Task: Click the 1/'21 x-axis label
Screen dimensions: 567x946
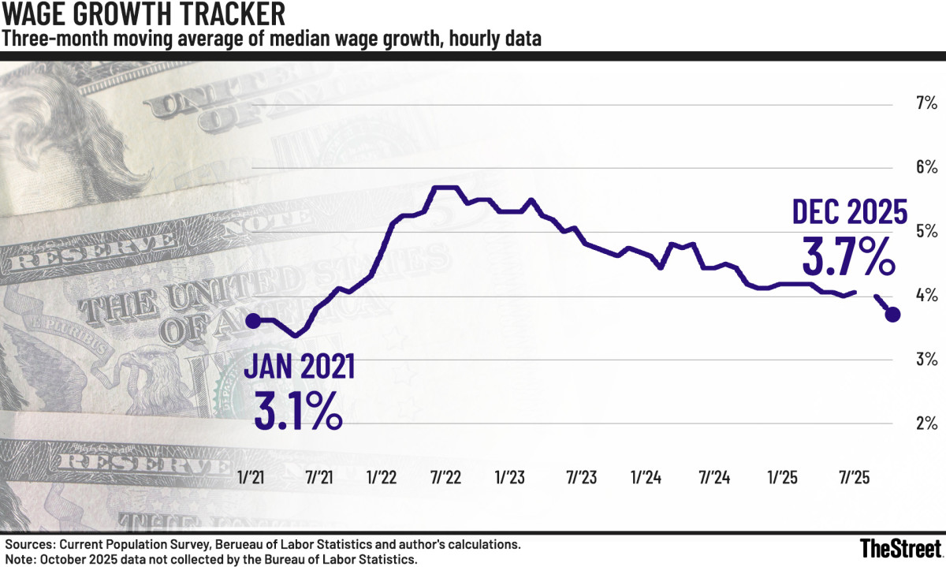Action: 252,478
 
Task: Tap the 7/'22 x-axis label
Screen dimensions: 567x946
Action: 446,478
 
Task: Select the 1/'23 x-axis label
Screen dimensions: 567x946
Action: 510,478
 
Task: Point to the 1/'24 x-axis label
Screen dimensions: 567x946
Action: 646,478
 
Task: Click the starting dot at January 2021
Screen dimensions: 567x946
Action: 252,320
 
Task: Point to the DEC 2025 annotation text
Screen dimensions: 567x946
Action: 850,212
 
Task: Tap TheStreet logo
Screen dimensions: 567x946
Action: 899,547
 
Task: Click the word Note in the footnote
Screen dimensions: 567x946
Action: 21,559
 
